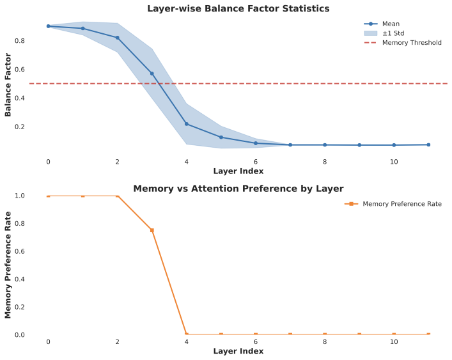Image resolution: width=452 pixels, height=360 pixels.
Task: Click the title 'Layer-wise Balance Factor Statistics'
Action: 238,8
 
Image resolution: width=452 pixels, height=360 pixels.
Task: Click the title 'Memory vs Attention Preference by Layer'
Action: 238,189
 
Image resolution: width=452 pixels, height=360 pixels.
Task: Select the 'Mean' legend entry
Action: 391,24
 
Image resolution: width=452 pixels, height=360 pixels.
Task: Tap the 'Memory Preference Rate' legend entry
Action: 401,204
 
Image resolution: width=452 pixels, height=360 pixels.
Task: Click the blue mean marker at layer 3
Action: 152,74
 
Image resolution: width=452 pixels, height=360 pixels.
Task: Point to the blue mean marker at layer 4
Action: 186,124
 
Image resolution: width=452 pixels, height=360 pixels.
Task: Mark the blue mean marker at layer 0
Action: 48,26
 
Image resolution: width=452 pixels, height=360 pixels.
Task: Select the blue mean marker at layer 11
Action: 428,145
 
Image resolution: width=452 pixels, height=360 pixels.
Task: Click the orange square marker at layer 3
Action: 152,230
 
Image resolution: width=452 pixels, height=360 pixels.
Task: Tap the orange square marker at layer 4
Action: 186,334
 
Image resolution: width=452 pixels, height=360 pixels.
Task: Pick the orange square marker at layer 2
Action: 117,196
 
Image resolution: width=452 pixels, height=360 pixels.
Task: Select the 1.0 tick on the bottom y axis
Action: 19,196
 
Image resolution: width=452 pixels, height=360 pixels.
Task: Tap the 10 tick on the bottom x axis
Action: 394,341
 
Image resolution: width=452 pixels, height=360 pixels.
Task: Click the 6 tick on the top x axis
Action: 256,162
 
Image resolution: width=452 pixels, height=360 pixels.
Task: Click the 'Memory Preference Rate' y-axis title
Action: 8,265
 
